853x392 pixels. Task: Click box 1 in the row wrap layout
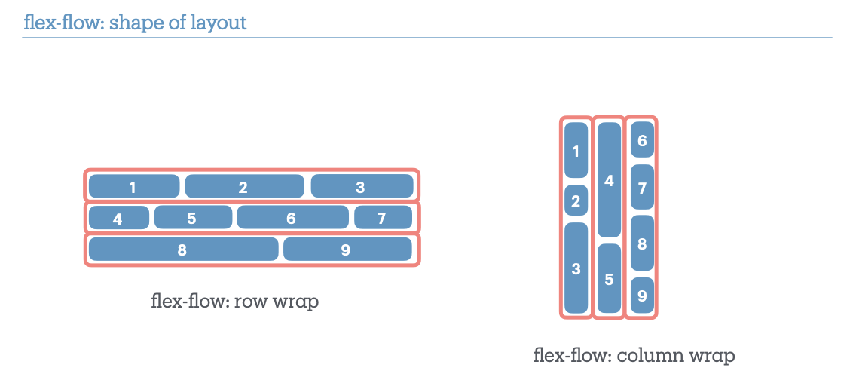tap(133, 186)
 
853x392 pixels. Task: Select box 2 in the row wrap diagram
tap(244, 186)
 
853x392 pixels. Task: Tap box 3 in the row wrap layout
tap(362, 186)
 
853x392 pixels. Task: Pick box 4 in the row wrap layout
tap(118, 218)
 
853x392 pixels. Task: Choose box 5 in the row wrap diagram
tap(193, 218)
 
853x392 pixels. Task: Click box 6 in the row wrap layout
tap(292, 218)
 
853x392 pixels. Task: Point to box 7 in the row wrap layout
tap(383, 218)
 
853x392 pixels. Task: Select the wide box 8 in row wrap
tap(183, 250)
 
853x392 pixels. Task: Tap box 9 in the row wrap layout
tap(347, 250)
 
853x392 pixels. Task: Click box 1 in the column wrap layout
tap(576, 151)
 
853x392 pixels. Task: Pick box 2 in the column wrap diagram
tap(576, 201)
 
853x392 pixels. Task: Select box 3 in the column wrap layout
tap(576, 268)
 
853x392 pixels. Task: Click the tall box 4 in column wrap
tap(609, 180)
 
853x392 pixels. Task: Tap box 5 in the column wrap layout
tap(609, 278)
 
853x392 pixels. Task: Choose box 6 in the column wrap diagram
tap(642, 140)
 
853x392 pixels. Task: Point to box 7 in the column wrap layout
tap(642, 188)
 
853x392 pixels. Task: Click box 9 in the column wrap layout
tap(642, 296)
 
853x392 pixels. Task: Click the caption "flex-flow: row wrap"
tap(235, 302)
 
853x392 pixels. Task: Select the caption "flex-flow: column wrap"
tap(633, 354)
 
